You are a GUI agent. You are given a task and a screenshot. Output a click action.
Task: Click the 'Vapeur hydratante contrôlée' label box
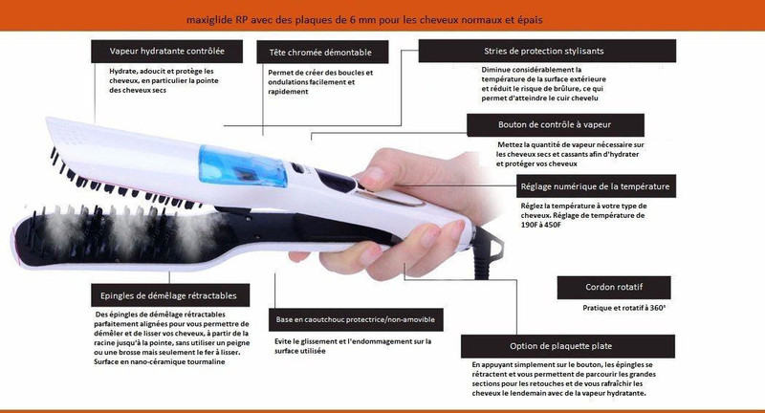[x=166, y=52]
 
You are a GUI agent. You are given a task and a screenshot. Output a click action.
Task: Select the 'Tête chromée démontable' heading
[x=322, y=53]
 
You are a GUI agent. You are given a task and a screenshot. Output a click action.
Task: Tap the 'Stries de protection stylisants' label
[x=547, y=51]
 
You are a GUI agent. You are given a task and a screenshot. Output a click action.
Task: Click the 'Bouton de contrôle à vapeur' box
[x=556, y=125]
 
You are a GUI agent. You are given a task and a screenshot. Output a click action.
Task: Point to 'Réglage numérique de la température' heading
[x=596, y=186]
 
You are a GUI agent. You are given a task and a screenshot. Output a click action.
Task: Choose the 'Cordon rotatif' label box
[x=614, y=287]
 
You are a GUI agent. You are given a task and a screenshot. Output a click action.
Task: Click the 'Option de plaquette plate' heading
[x=568, y=346]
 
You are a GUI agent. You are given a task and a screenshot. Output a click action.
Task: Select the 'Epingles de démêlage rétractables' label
[x=170, y=295]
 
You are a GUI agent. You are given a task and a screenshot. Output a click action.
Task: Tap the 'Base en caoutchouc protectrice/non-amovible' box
[x=356, y=320]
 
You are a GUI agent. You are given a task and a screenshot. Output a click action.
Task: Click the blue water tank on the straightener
[x=243, y=166]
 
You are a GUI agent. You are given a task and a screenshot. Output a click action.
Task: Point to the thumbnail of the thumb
[x=373, y=177]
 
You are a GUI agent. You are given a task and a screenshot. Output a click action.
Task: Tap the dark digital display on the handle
[x=336, y=181]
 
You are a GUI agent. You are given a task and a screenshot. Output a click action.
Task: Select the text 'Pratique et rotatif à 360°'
[x=624, y=308]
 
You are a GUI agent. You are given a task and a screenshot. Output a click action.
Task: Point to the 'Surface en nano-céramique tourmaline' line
[x=160, y=361]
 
